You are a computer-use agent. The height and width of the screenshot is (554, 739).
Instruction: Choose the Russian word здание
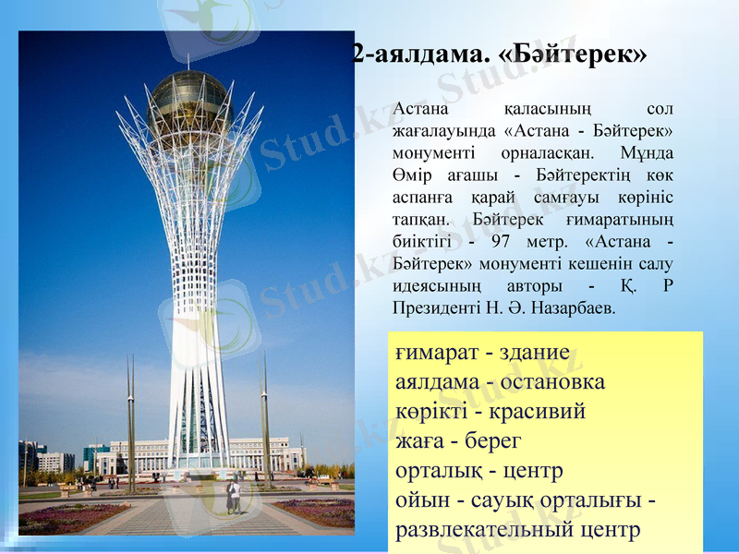[534, 354]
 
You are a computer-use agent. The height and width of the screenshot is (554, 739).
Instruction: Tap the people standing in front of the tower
[234, 496]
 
